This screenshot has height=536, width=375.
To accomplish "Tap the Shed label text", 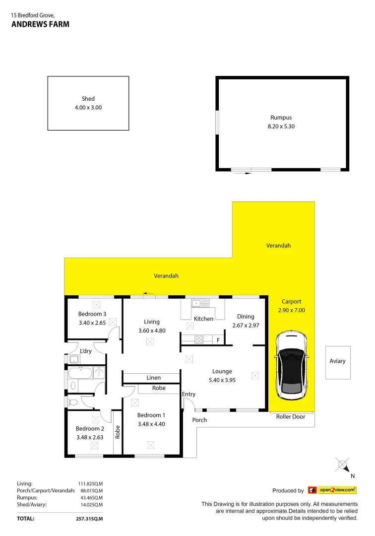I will click(x=88, y=99).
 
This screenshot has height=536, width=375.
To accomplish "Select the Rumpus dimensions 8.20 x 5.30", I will click(x=281, y=126).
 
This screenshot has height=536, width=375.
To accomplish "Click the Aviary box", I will click(x=337, y=362).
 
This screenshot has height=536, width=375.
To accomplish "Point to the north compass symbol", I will click(x=343, y=466).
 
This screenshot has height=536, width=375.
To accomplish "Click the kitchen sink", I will click(x=201, y=303).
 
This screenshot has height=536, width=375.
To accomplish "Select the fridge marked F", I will click(x=218, y=340).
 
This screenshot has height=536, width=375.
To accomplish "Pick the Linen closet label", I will click(x=153, y=378).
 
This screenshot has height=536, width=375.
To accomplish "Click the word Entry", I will click(x=189, y=395).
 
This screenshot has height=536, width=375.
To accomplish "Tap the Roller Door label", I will click(x=291, y=417).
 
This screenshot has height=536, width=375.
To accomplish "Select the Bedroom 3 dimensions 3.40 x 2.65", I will click(x=92, y=322).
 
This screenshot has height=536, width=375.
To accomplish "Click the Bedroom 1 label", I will click(x=151, y=415).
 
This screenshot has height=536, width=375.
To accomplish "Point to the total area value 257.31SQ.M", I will click(x=90, y=519).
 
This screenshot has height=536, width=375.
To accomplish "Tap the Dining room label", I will click(x=246, y=317).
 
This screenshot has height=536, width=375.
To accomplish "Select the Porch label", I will click(x=200, y=420).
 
